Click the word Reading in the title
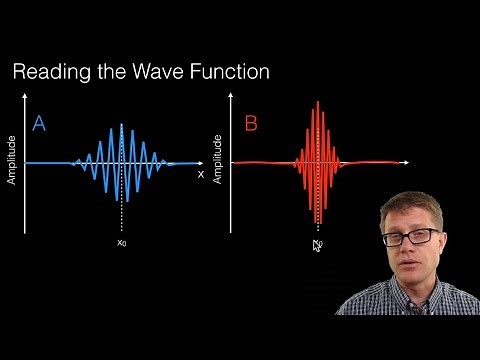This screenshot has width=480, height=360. point(50,72)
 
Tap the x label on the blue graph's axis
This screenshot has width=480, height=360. point(201,173)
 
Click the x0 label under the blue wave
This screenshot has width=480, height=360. point(121,242)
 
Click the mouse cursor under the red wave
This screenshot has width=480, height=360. point(317,243)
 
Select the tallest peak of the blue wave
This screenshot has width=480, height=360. point(121,126)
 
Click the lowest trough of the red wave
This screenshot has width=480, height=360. point(318,222)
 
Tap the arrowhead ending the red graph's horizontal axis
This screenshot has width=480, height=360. point(407,162)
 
